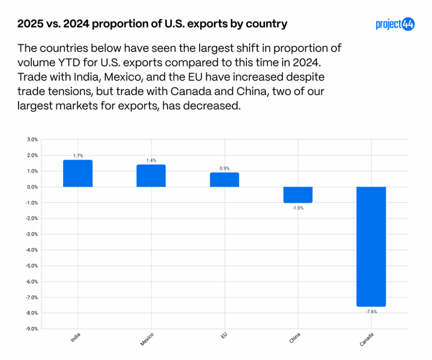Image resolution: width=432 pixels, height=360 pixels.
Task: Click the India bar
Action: (x=78, y=173)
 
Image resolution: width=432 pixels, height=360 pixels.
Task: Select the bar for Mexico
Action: (x=151, y=176)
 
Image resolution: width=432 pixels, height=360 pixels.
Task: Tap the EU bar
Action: (x=224, y=180)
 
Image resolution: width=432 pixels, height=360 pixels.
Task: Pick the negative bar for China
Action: (x=298, y=195)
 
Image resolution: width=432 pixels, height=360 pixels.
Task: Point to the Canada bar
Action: (x=371, y=246)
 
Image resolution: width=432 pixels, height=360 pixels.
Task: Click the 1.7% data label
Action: (x=78, y=156)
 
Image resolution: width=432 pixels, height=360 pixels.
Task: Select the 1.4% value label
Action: (x=151, y=161)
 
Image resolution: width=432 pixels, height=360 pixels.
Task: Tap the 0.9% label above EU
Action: (x=224, y=168)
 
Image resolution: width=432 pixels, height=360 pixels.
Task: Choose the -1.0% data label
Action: (x=298, y=208)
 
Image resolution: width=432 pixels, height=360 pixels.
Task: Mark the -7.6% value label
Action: (x=371, y=311)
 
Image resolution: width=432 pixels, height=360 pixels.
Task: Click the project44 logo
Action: (x=395, y=24)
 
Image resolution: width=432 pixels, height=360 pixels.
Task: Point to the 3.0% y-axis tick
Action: (x=32, y=139)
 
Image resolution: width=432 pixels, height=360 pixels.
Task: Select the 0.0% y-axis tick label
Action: (x=32, y=187)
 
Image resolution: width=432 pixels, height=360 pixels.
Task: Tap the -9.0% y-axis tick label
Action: (x=32, y=329)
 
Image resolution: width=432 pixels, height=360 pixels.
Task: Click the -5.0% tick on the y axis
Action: (x=32, y=266)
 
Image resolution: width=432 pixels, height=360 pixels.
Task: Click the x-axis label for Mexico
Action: (x=147, y=339)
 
